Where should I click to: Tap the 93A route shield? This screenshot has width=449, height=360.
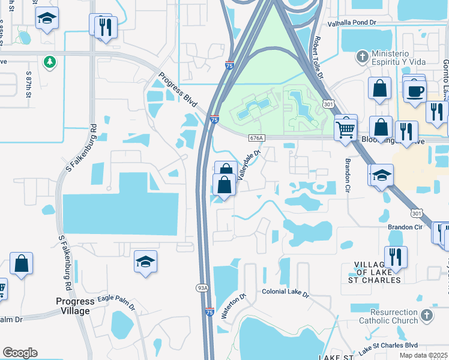203,288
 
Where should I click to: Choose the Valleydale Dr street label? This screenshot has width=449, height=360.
250,164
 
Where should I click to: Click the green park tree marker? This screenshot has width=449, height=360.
49,62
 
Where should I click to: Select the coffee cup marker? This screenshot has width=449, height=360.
415,92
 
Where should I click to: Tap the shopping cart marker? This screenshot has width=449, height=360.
345,128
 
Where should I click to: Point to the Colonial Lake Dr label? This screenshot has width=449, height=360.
285,293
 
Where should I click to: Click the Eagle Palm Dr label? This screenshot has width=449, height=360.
113,304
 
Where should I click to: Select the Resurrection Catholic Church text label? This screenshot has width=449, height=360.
385,316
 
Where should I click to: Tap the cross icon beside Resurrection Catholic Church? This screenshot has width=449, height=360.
426,315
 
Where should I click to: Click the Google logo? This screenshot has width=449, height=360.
20,353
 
